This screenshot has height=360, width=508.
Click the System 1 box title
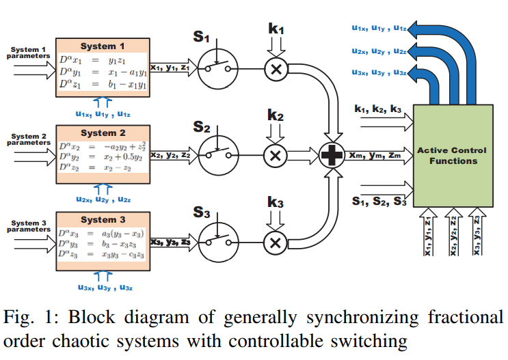pyautogui.click(x=103, y=46)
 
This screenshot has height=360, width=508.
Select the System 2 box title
pyautogui.click(x=103, y=133)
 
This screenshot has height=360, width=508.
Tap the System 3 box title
pyautogui.click(x=103, y=219)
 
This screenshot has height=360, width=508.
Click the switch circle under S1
pyautogui.click(x=217, y=68)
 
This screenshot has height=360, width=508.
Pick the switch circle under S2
pyautogui.click(x=217, y=156)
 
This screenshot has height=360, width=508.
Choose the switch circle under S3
pyautogui.click(x=217, y=242)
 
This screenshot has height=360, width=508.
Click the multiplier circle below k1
pyautogui.click(x=275, y=68)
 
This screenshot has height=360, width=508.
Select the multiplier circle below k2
pyautogui.click(x=275, y=156)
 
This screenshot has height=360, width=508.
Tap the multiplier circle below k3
pyautogui.click(x=275, y=242)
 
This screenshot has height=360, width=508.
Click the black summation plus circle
pyautogui.click(x=332, y=156)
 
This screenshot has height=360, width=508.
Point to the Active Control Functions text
pyautogui.click(x=452, y=156)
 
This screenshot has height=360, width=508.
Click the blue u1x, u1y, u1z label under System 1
pyautogui.click(x=103, y=113)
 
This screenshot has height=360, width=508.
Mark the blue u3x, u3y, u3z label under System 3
pyautogui.click(x=103, y=288)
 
